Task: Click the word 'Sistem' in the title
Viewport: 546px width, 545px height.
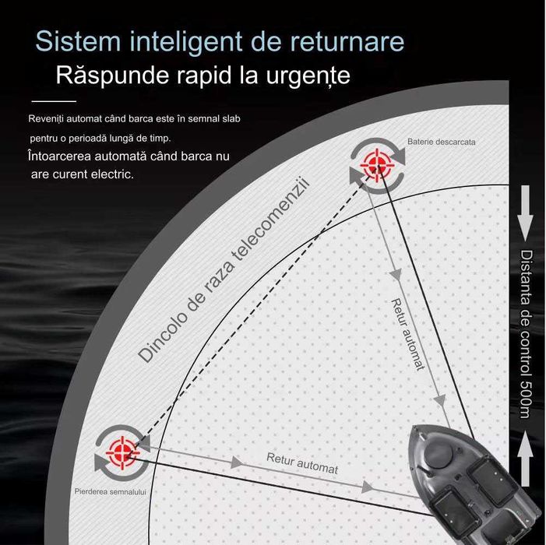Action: pyautogui.click(x=78, y=41)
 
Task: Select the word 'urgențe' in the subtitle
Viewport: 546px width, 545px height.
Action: pyautogui.click(x=308, y=76)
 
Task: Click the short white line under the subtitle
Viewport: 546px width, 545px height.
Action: pyautogui.click(x=54, y=101)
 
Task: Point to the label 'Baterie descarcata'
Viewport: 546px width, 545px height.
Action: pyautogui.click(x=441, y=142)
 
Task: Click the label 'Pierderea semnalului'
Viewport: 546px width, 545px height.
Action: pyautogui.click(x=110, y=492)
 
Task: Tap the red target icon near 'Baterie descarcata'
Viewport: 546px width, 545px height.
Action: pyautogui.click(x=377, y=162)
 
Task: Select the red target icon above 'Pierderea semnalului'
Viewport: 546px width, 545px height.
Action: pyautogui.click(x=122, y=452)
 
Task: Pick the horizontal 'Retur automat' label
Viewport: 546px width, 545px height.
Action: pyautogui.click(x=302, y=463)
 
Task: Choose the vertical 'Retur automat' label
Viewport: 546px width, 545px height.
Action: pyautogui.click(x=408, y=335)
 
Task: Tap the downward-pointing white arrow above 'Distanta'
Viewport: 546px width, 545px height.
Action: pyautogui.click(x=525, y=213)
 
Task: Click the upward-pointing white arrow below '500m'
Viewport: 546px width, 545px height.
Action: pyautogui.click(x=525, y=459)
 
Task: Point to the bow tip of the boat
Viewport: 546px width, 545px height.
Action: pyautogui.click(x=414, y=426)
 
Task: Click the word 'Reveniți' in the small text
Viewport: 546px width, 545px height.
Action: pyautogui.click(x=46, y=119)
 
